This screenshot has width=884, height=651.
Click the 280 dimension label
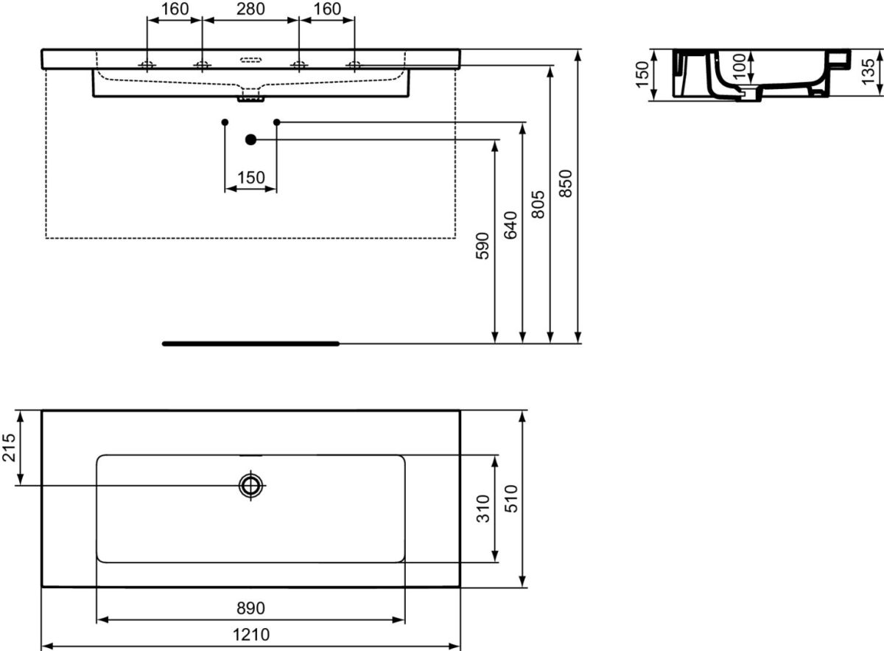coord(250,9)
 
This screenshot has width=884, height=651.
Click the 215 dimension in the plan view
coord(10,448)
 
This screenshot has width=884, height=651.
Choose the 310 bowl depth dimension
coord(483,508)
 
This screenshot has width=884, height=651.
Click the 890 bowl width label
coord(250,608)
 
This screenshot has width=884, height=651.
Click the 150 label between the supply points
coord(250,178)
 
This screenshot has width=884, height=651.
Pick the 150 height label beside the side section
coord(642,74)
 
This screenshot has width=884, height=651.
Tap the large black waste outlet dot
coord(250,139)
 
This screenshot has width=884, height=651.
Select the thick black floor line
coord(250,344)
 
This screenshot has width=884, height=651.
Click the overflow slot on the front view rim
coord(251,58)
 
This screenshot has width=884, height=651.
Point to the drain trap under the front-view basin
coord(251,96)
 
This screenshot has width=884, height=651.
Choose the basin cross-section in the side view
coord(759,74)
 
